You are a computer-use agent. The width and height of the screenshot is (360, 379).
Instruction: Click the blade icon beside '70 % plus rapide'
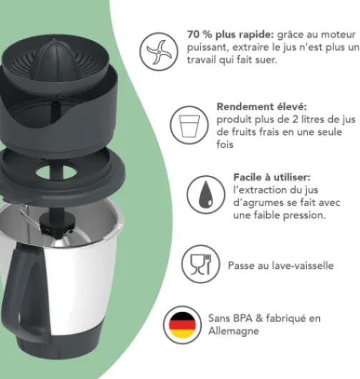[x=159, y=51]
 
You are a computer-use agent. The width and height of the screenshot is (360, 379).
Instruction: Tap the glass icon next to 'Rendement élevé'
[x=189, y=125]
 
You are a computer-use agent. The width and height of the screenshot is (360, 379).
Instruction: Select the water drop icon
[x=205, y=195]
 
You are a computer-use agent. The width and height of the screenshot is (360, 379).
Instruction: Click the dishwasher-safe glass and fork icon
[x=201, y=264]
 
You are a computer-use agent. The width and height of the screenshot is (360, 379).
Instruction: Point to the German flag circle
[x=183, y=325]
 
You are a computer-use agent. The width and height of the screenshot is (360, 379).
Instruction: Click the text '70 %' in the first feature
[x=200, y=34]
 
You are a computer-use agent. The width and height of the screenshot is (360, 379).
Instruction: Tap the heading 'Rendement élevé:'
[x=261, y=107]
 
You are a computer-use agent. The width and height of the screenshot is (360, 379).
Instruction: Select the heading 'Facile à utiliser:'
[x=272, y=177]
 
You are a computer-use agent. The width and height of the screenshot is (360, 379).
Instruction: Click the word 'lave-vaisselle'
[x=303, y=265]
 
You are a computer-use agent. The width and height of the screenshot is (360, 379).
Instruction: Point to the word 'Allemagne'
[x=233, y=330]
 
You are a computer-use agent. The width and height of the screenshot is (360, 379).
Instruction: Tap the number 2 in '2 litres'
[x=295, y=119]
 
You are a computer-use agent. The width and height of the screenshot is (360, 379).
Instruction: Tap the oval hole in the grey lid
[x=56, y=172]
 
